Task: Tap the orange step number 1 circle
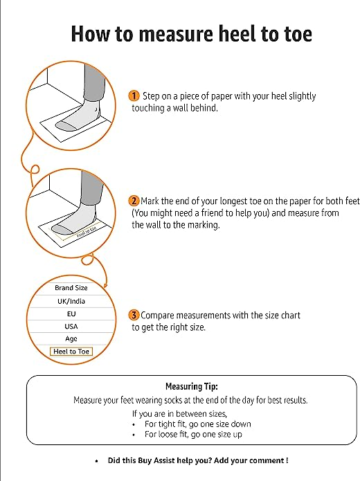tap(134, 96)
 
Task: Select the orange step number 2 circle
tap(134, 201)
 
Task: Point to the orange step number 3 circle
tap(134, 315)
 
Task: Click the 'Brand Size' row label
tap(71, 288)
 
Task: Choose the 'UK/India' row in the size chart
tap(71, 301)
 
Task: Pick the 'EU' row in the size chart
tap(71, 314)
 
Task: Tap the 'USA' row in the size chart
tap(71, 326)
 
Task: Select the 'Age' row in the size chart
tap(71, 338)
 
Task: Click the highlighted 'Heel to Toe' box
tap(71, 352)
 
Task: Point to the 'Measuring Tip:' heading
tap(191, 387)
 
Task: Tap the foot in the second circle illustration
tap(69, 225)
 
